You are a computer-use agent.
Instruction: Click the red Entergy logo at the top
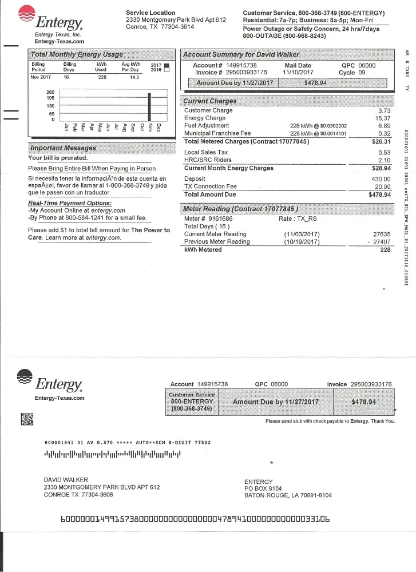[27, 14]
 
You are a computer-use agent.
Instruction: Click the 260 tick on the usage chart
[50, 92]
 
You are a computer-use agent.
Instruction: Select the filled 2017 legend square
[167, 66]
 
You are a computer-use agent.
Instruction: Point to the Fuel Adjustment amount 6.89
[384, 126]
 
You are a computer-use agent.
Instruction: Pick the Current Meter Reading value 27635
[381, 235]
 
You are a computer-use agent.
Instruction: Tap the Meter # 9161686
[216, 219]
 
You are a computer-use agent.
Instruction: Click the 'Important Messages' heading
[63, 148]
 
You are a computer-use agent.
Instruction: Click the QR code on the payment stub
[27, 419]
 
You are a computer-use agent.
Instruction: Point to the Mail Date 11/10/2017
[298, 73]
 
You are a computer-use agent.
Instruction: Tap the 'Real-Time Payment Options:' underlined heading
[70, 203]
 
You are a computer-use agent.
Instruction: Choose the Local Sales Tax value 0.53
[385, 153]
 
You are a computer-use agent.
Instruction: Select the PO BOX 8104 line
[263, 488]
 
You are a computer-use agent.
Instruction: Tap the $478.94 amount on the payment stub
[363, 402]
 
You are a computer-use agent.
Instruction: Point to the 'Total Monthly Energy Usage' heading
[76, 54]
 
